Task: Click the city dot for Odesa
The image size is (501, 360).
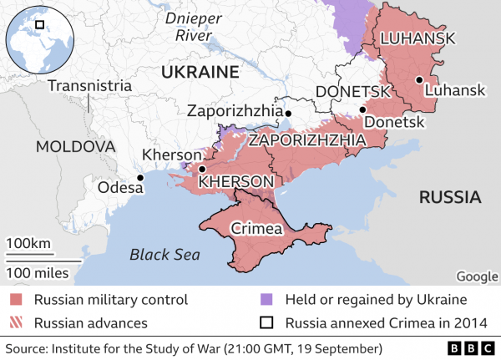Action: [x=141, y=178]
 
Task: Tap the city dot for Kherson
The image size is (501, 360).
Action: [x=202, y=169]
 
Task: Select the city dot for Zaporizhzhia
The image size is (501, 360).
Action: [x=288, y=113]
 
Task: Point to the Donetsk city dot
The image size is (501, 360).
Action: [x=362, y=109]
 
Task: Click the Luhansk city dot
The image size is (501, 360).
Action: [x=417, y=79]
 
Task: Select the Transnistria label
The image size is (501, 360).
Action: [x=89, y=85]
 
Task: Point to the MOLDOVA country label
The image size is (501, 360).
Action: [x=74, y=146]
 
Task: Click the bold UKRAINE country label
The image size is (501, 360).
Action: [x=200, y=72]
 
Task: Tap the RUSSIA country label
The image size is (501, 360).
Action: [x=450, y=198]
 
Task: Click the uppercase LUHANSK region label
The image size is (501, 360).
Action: [x=417, y=38]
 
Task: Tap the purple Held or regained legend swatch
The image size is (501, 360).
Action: [x=266, y=299]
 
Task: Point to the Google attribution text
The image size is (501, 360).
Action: [x=478, y=277]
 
